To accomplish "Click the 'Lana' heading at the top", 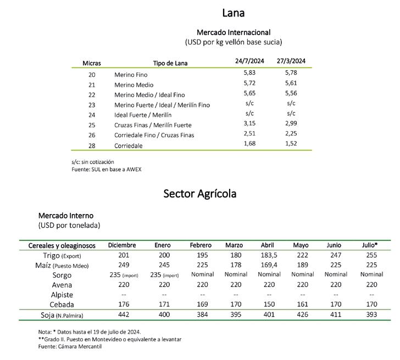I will point(233,13).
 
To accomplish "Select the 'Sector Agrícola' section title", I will point(200,193).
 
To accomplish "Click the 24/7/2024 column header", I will point(249,61).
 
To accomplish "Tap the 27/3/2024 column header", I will point(291,61).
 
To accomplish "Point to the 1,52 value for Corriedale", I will point(291,144).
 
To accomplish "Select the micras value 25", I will point(92,125).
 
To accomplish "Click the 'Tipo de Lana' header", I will point(170,63).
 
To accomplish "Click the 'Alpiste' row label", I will point(62,295).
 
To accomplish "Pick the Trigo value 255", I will point(371,256).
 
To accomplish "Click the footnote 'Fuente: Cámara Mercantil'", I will point(70,346).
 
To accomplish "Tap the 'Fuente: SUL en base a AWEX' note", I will point(106,169).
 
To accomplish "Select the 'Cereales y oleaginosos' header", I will point(62,245).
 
